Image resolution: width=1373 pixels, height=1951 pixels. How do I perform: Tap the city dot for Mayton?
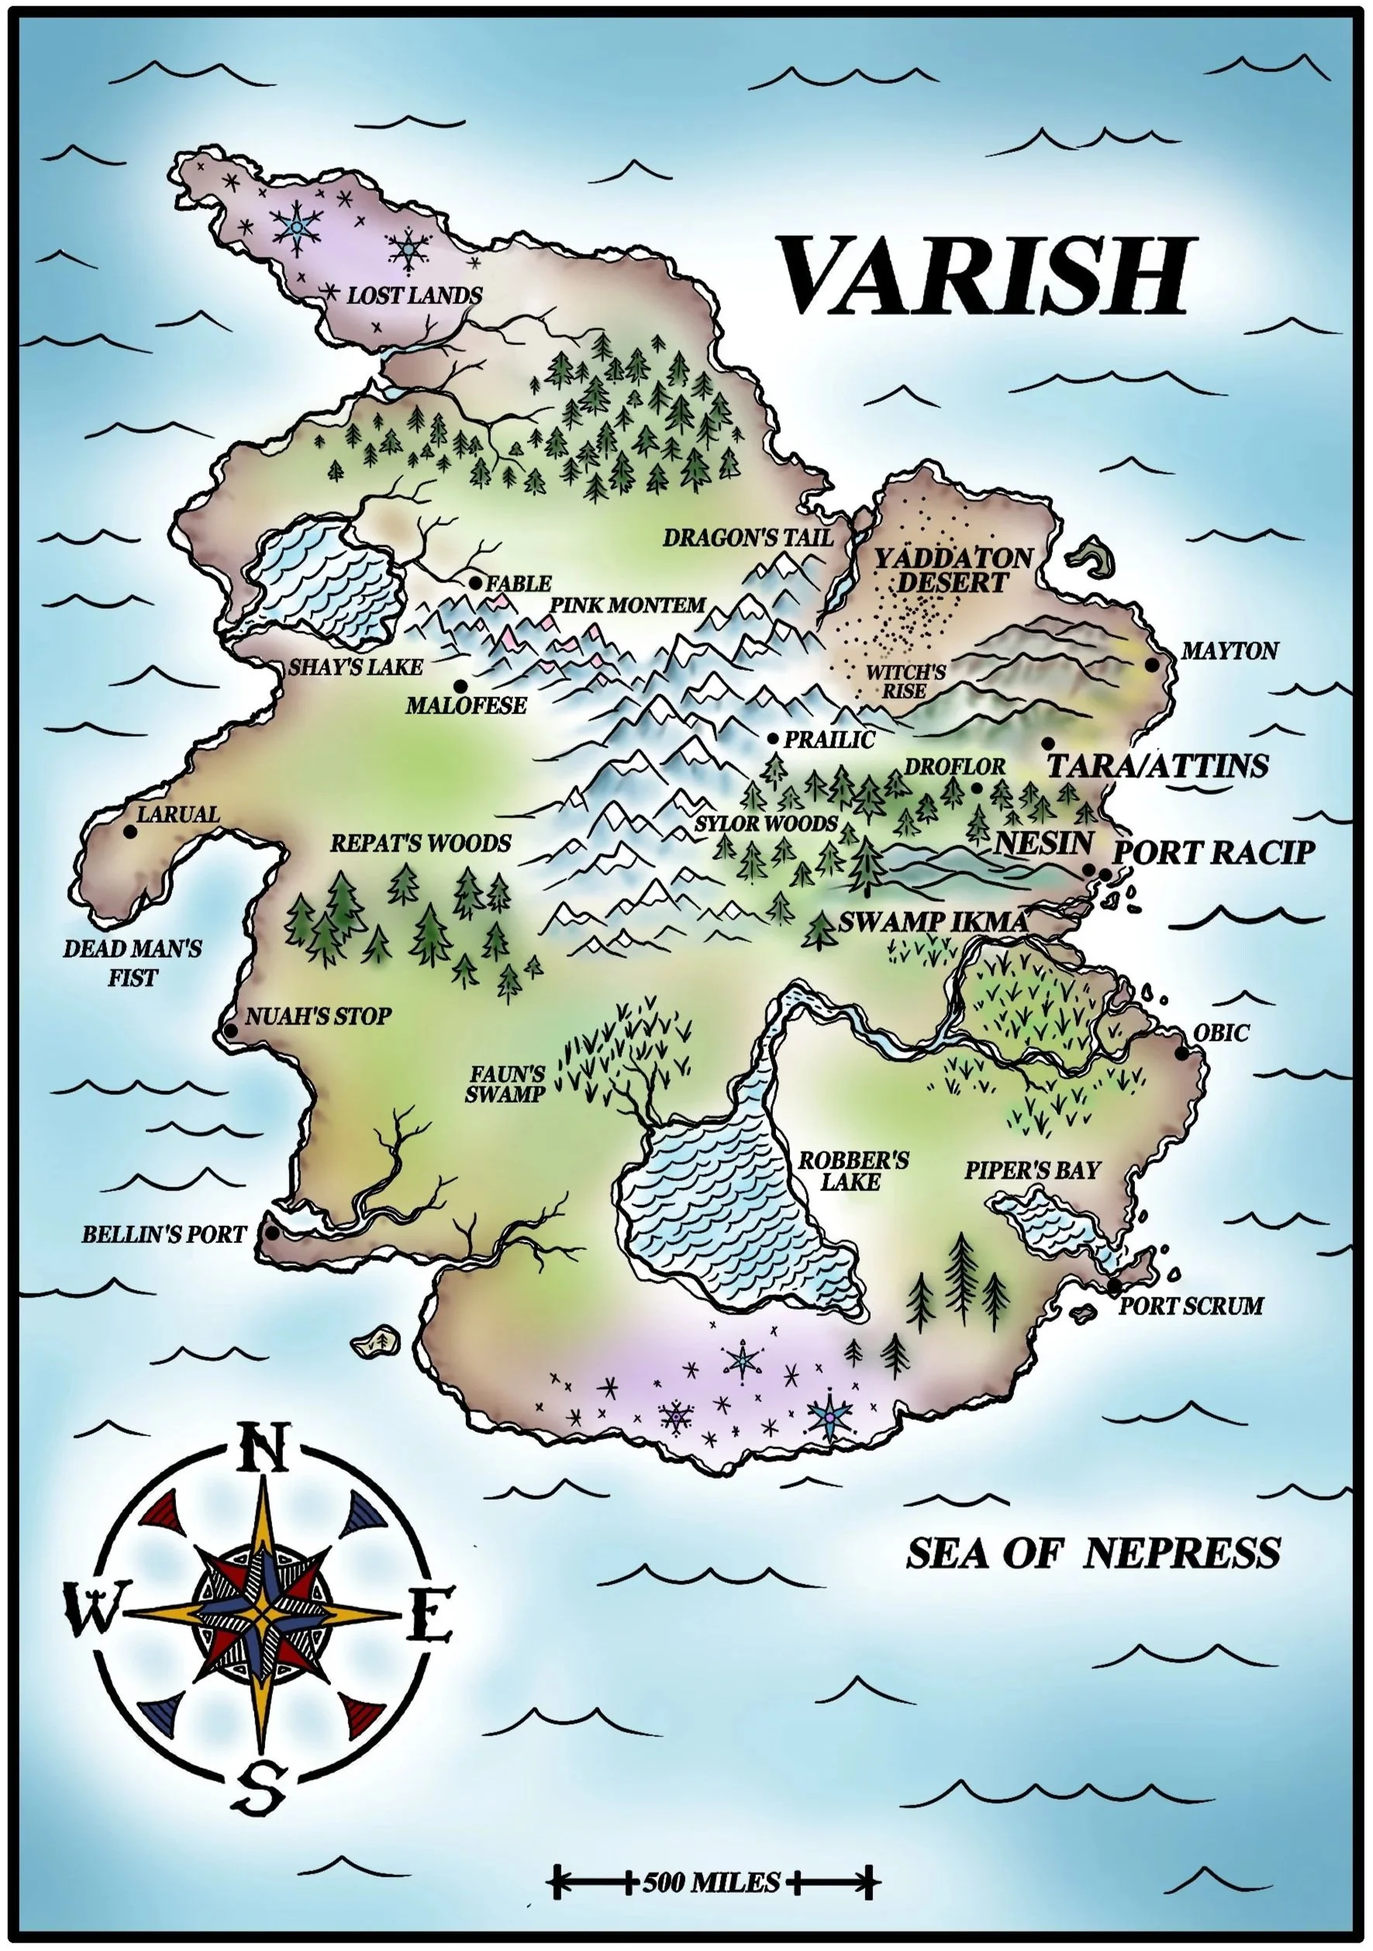pyautogui.click(x=1152, y=665)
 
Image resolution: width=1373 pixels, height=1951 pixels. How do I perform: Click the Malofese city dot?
pyautogui.click(x=461, y=685)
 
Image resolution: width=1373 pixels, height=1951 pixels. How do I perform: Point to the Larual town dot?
pyautogui.click(x=130, y=832)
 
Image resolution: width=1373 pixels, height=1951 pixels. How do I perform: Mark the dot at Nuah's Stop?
pyautogui.click(x=230, y=1031)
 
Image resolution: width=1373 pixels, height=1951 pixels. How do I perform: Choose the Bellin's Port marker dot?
pyautogui.click(x=272, y=1233)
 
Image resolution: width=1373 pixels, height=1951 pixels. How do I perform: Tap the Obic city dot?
pyautogui.click(x=1182, y=1054)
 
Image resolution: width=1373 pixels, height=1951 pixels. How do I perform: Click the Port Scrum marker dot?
pyautogui.click(x=1114, y=1287)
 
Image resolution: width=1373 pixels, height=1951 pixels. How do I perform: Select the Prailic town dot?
pyautogui.click(x=773, y=739)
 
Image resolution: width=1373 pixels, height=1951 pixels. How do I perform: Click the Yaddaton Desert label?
pyautogui.click(x=954, y=570)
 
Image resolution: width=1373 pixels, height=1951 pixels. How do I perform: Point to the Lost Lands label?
pyautogui.click(x=414, y=295)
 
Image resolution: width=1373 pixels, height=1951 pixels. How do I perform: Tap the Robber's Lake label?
pyautogui.click(x=852, y=1171)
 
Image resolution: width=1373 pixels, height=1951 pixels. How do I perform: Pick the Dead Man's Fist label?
pyautogui.click(x=133, y=963)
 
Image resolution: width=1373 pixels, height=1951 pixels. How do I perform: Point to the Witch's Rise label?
pyautogui.click(x=905, y=682)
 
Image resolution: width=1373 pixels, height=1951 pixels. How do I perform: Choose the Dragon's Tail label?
pyautogui.click(x=747, y=538)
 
